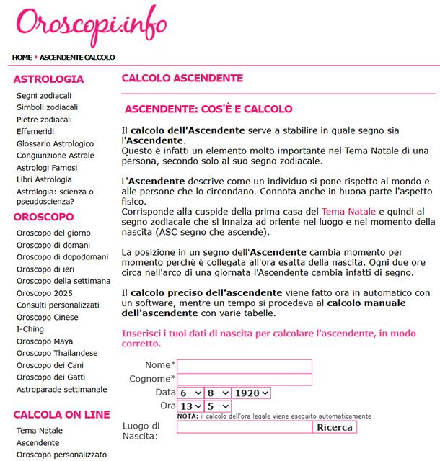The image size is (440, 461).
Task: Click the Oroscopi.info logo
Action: (90, 26)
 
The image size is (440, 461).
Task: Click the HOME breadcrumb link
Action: (22, 57)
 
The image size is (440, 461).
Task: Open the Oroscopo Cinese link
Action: (48, 317)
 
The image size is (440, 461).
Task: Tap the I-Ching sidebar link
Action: (30, 328)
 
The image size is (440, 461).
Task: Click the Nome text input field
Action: (245, 366)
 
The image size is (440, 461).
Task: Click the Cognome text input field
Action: (245, 380)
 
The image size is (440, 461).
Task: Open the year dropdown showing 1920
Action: (251, 393)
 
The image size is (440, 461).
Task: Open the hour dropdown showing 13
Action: (190, 406)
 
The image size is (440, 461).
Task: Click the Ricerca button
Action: (335, 427)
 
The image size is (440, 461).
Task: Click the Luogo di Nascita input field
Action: (245, 427)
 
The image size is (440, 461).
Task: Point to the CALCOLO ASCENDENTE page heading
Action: (182, 79)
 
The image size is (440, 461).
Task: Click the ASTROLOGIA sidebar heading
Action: (48, 79)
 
